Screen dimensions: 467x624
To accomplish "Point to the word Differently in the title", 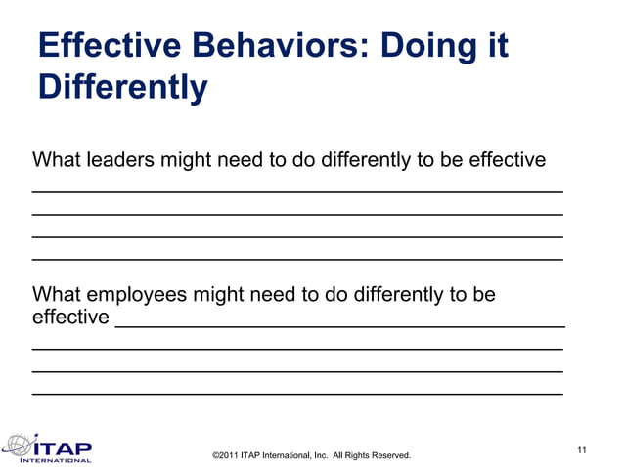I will pos(122,87).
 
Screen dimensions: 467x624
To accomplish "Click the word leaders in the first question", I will pos(118,159).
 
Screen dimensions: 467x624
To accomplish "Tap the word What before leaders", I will pos(57,159).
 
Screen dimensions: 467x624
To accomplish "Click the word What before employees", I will pos(57,294).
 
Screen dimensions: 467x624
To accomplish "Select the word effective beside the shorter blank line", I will pos(70,318).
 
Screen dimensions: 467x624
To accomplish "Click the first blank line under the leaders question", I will pos(297,190).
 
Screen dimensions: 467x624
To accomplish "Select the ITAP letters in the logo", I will pos(63,446).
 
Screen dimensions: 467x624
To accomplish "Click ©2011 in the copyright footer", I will pos(225,456).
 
